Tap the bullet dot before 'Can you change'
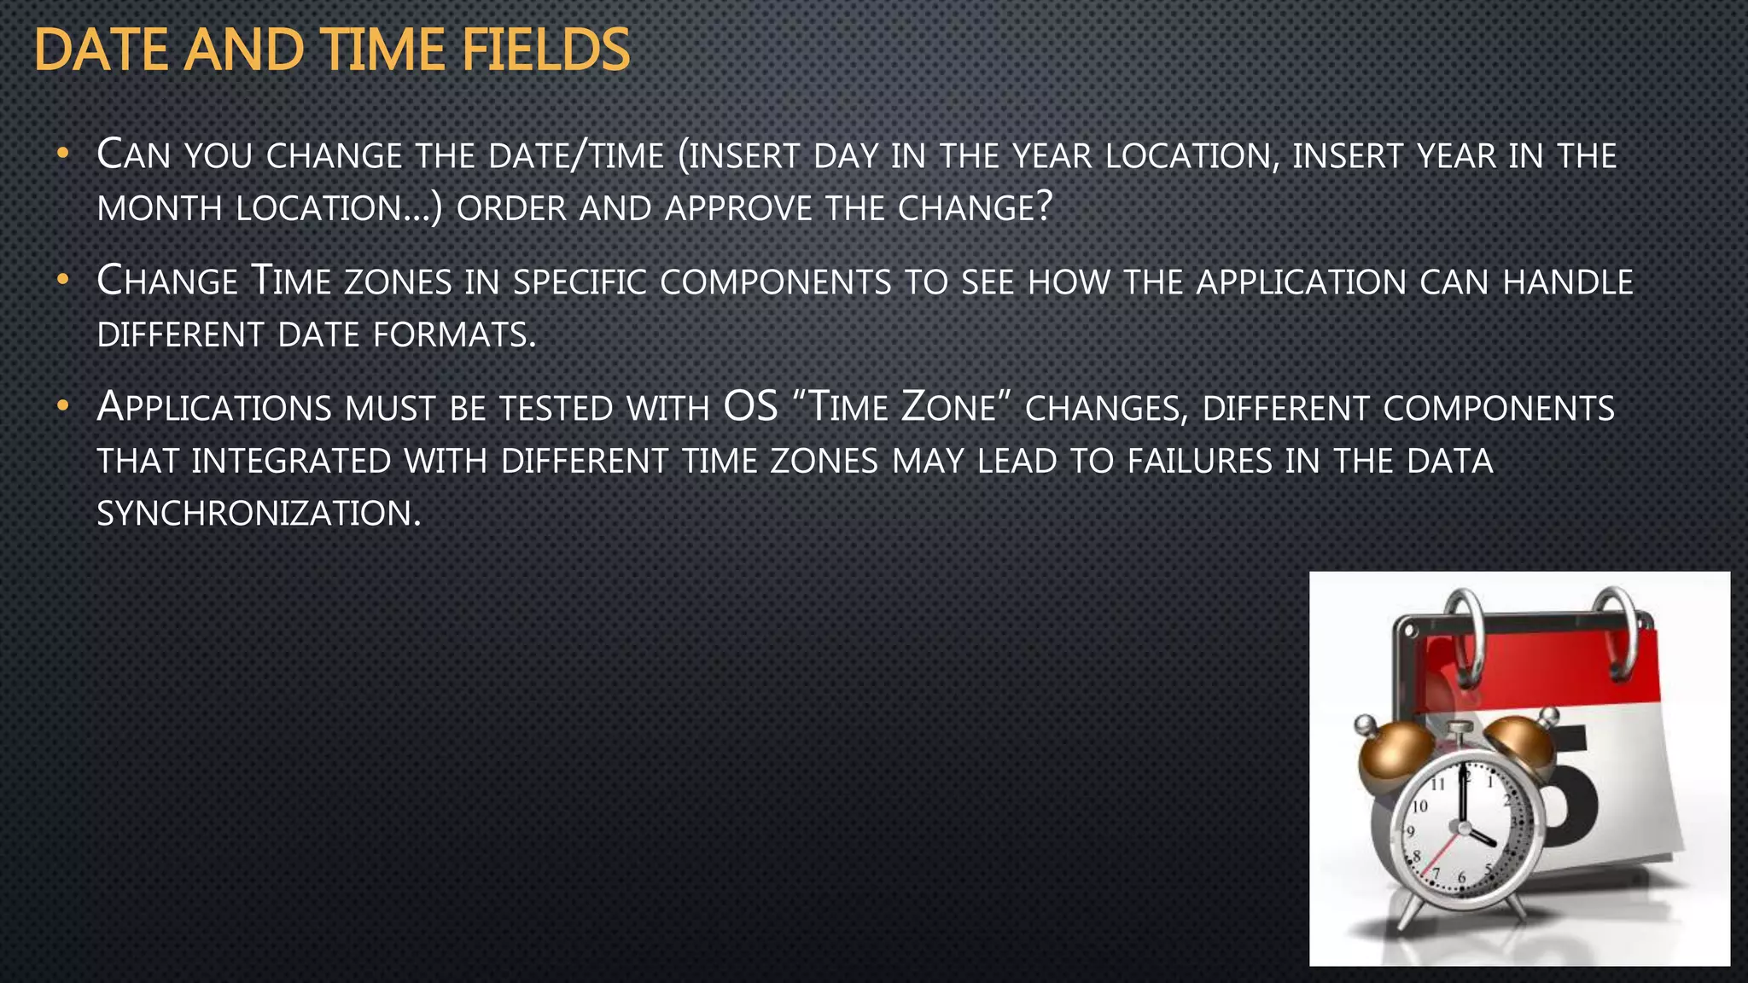[61, 154]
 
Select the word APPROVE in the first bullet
[738, 208]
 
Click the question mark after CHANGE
[1046, 207]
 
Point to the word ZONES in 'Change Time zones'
[398, 282]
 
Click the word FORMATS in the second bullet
[454, 334]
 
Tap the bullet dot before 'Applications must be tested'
[61, 407]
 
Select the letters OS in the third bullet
[750, 406]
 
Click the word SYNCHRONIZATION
[259, 514]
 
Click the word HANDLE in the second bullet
[1568, 282]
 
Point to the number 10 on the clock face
[1419, 806]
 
